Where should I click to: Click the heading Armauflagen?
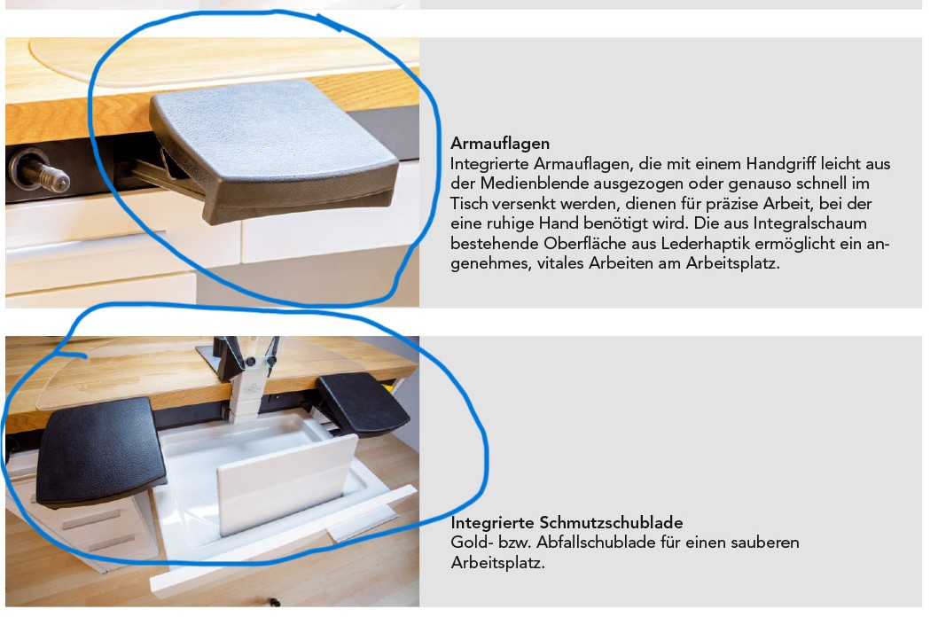point(499,144)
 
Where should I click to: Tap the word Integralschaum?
point(809,223)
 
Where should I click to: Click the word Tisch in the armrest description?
point(469,204)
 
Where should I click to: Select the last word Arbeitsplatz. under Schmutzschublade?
point(497,563)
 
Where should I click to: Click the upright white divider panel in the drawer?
point(287,485)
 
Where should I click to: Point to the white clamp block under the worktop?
point(246,394)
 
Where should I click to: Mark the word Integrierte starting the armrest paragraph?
point(489,164)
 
